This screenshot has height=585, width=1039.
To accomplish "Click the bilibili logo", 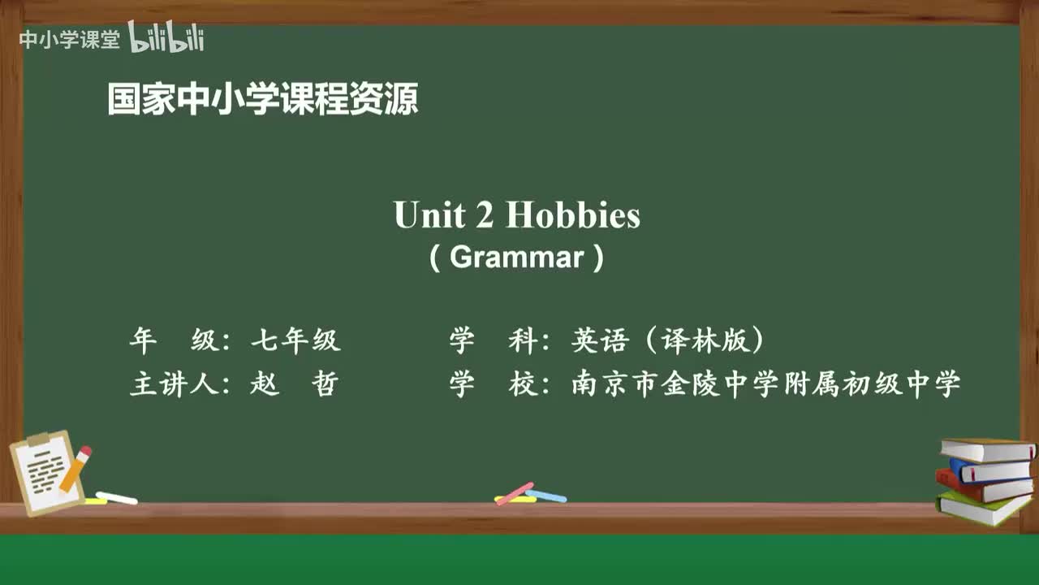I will pos(166,38).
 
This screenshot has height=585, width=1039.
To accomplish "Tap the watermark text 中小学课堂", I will pos(69,40).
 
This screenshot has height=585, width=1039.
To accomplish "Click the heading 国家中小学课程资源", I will pos(263,100).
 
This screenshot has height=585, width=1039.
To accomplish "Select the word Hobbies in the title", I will pos(573,215).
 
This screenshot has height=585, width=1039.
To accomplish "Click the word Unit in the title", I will pos(429,215).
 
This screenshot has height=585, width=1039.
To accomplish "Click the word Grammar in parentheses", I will pos(516,257).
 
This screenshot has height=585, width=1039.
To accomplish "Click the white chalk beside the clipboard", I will pos(117,497).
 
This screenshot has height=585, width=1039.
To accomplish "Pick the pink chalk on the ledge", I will pos(515,493).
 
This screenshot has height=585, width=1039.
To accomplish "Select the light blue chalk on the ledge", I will pos(546,495).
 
